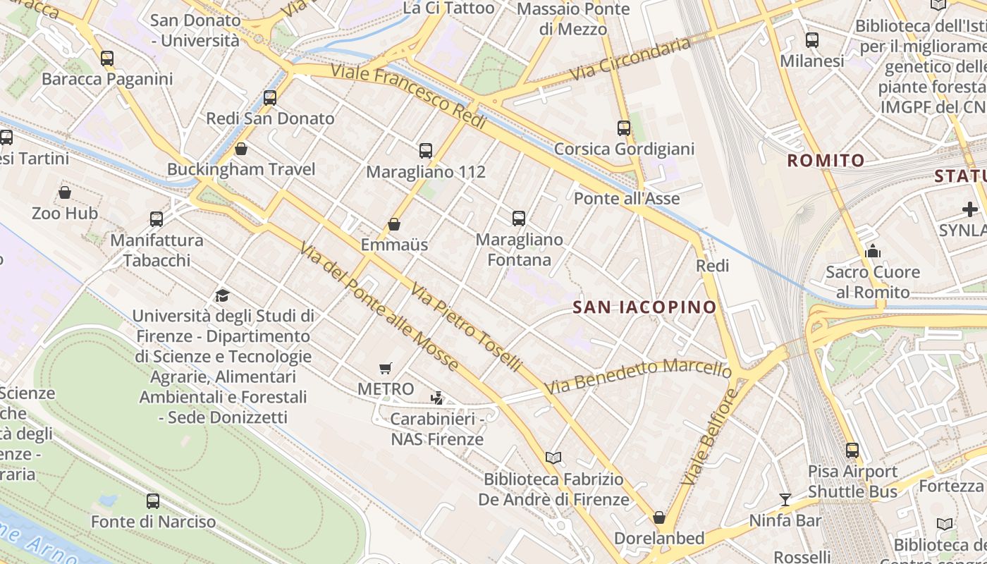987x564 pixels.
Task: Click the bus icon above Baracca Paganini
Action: click(x=107, y=59)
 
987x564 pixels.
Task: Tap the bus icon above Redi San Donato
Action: click(x=270, y=98)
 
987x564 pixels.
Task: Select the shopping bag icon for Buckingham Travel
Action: click(x=241, y=149)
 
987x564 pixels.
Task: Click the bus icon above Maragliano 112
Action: click(x=426, y=150)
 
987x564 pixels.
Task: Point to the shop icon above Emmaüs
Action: click(x=394, y=224)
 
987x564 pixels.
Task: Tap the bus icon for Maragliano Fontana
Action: click(x=519, y=219)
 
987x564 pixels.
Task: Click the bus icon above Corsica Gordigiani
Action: click(x=624, y=128)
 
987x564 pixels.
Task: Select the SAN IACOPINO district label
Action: click(x=644, y=307)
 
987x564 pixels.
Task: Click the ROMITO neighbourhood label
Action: click(x=826, y=160)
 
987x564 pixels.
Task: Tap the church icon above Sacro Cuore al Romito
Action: click(x=873, y=251)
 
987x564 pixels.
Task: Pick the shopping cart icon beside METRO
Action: click(x=385, y=368)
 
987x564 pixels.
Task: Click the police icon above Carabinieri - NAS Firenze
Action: click(x=437, y=398)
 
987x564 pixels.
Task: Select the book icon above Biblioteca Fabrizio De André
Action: click(x=553, y=458)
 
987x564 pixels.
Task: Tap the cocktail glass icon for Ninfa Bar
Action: click(x=785, y=500)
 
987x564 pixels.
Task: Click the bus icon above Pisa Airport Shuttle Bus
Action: click(x=852, y=450)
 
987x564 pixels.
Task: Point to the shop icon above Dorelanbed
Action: click(x=659, y=517)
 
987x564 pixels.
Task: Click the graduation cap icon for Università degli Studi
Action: click(x=223, y=295)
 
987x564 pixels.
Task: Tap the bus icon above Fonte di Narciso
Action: click(x=153, y=501)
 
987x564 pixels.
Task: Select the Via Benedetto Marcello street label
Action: click(x=637, y=376)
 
